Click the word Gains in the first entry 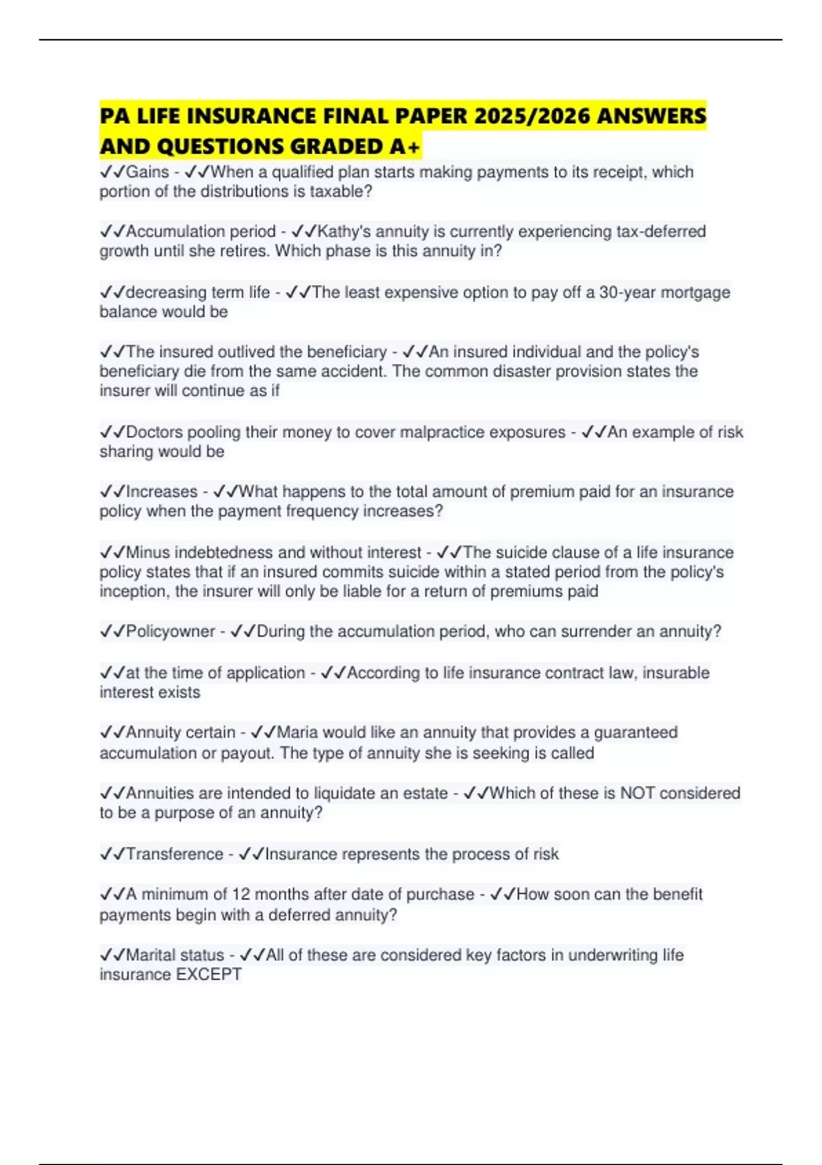tap(147, 172)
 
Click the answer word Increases tap(162, 492)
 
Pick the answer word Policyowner tap(171, 631)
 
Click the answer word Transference tap(175, 854)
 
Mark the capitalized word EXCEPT tap(208, 974)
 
